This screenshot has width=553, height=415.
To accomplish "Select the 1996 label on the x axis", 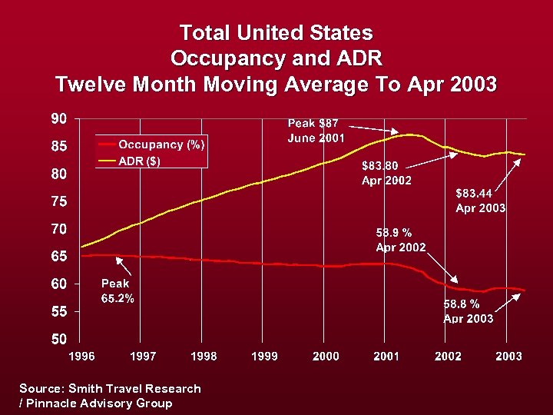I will (82, 357).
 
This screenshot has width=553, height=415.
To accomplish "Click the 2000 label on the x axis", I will (326, 357).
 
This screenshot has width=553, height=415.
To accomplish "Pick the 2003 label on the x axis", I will (508, 357).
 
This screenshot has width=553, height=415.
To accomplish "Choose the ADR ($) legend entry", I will (139, 161).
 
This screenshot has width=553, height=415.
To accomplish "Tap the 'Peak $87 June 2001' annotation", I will (316, 131).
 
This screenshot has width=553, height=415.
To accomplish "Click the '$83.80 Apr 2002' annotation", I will (386, 173).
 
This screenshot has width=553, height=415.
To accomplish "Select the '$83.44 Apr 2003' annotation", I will (480, 201).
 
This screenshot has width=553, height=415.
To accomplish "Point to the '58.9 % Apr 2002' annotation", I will (400, 239).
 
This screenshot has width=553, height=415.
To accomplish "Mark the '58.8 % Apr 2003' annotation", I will (469, 311).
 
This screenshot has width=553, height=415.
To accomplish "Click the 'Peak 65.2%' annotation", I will (118, 291).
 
